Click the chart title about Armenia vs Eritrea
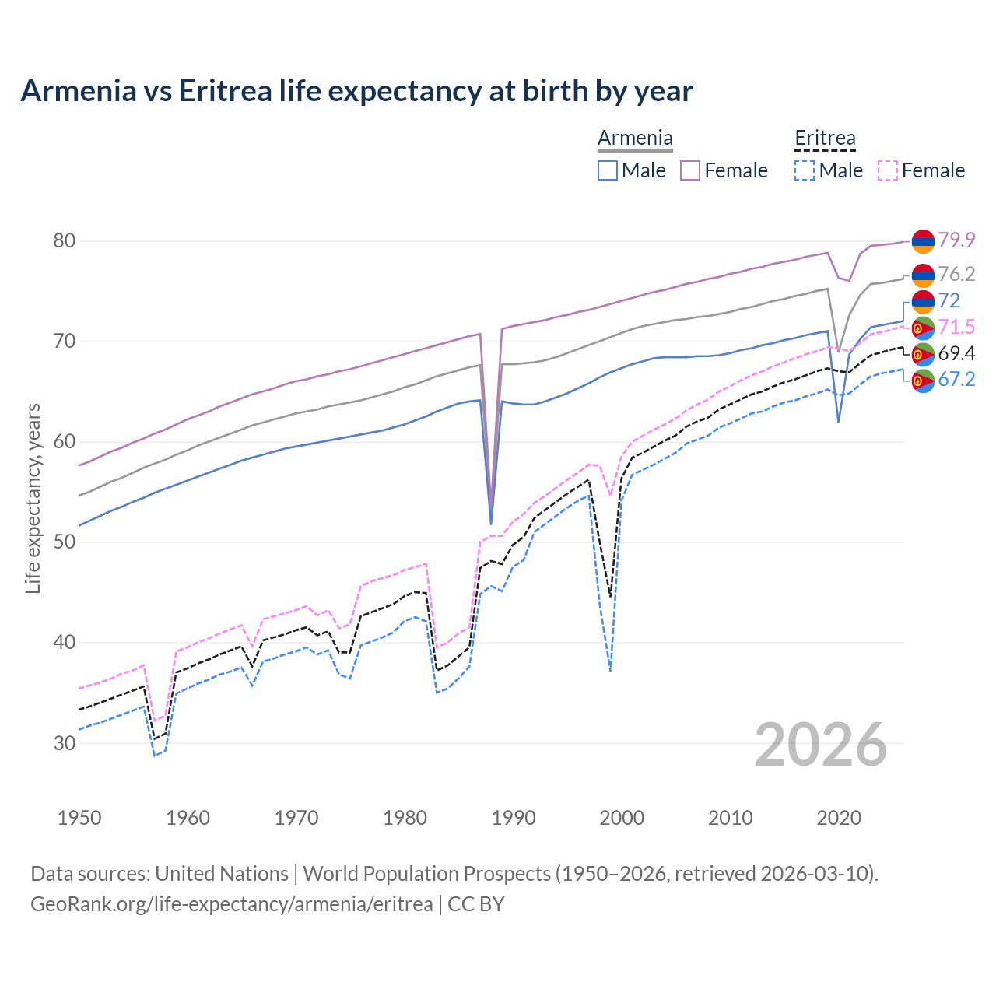pos(356,91)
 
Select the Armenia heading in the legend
pos(635,139)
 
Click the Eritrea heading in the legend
pos(825,139)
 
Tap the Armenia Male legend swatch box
pos(608,170)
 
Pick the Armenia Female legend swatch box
pos(690,170)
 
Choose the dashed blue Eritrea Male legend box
pos(805,170)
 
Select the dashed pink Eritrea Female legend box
pos(888,170)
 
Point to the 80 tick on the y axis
pos(65,241)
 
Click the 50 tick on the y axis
pos(65,542)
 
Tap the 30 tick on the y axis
pos(65,743)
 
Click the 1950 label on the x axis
pos(79,818)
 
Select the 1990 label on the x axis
pos(514,818)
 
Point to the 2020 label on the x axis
pos(839,818)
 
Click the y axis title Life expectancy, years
pos(33,498)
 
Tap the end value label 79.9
pos(956,240)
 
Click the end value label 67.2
pos(956,379)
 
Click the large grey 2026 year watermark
pos(821,745)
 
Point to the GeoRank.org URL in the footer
pos(231,904)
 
